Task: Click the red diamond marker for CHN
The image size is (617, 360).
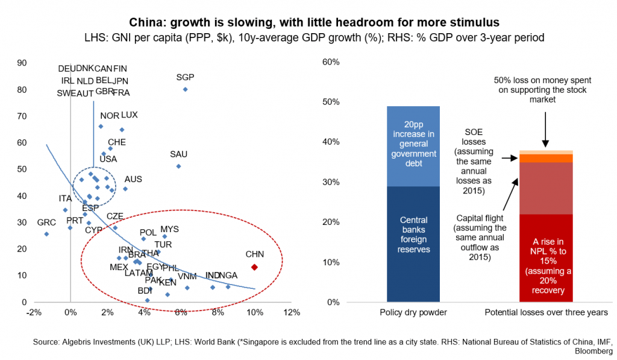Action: pos(254,267)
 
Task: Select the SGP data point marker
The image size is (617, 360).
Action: pos(185,89)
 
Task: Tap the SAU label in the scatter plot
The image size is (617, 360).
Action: pos(179,154)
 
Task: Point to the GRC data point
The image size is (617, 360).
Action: pos(46,234)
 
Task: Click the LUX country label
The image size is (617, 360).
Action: pos(130,115)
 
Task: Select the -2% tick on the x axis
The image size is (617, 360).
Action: pos(34,312)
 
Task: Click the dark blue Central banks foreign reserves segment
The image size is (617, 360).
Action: pos(413,241)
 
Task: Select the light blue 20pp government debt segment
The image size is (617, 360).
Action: pos(413,146)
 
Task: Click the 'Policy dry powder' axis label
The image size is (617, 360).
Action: pos(413,313)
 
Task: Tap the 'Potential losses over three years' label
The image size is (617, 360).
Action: pos(546,313)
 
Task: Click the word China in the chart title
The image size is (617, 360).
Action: pos(146,23)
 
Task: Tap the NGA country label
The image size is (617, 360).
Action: pos(229,276)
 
